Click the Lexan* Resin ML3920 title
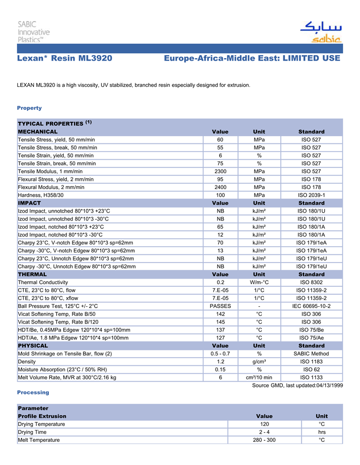tap(65, 58)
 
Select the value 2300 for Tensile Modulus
tap(220, 171)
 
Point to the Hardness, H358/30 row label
tap(41, 195)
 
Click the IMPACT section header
tap(29, 203)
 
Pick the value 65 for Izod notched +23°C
tap(220, 227)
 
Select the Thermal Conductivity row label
tap(43, 282)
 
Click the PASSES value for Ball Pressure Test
tap(220, 306)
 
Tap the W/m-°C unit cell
tap(259, 282)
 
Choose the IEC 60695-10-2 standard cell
tap(311, 306)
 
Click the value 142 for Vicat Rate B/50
tap(220, 314)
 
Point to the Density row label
tap(27, 362)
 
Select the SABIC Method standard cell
tap(311, 354)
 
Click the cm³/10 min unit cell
tap(259, 378)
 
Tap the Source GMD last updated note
tap(297, 385)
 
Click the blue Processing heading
tap(33, 392)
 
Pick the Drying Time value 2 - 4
tap(264, 432)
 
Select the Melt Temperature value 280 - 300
tap(264, 440)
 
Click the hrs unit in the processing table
tap(322, 432)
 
